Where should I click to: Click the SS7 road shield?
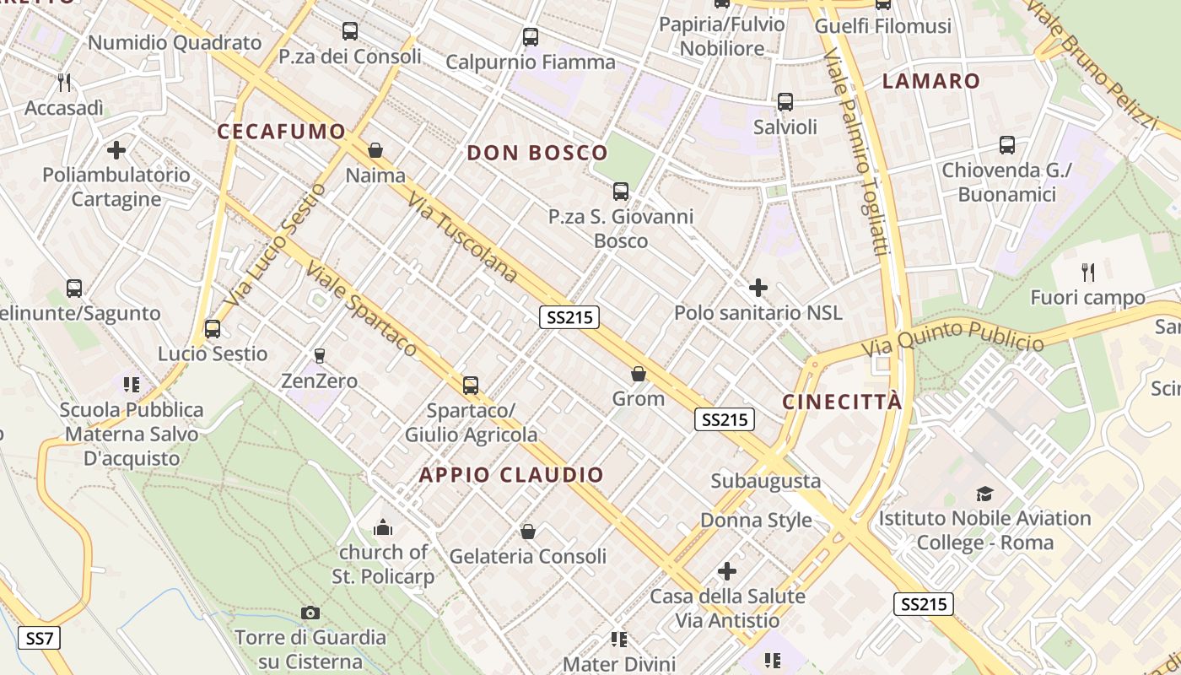pos(40,638)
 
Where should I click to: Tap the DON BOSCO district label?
pos(537,153)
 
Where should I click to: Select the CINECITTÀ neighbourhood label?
pos(842,402)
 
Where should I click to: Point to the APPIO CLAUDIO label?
pos(512,474)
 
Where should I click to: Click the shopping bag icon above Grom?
pos(639,373)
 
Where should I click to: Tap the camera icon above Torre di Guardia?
pos(310,613)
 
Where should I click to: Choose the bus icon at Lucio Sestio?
pos(213,328)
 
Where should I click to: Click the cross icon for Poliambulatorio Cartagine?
pos(116,150)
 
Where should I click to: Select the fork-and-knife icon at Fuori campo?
pos(1088,272)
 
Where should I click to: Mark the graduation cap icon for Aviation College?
pos(984,494)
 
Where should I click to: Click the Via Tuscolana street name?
pos(462,237)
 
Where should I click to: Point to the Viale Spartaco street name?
pos(362,309)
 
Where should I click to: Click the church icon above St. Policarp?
pos(383,527)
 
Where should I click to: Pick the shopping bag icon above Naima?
pos(375,150)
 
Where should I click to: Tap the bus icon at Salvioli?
pos(785,102)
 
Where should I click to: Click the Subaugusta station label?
pos(765,481)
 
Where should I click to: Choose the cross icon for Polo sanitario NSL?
pos(758,288)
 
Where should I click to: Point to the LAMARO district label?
pos(931,82)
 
